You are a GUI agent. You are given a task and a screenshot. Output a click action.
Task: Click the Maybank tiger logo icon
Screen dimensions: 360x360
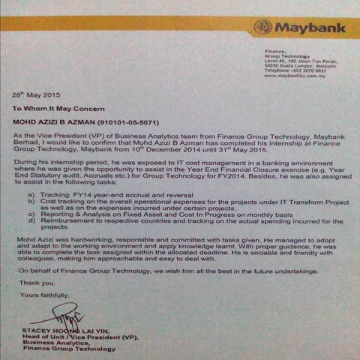[x=262, y=28]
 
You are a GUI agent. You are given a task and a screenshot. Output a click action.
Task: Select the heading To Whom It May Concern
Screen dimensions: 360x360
[x=64, y=108]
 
